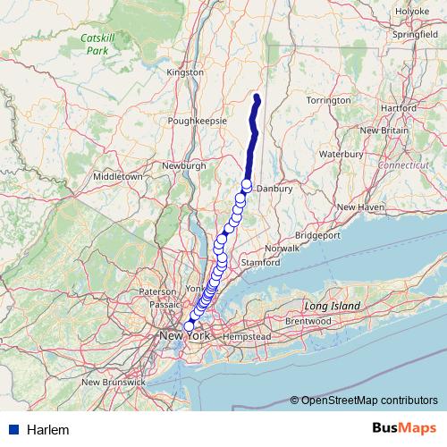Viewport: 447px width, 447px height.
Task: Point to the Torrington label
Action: pyautogui.click(x=328, y=100)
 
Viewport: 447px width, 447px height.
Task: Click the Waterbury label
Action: pyautogui.click(x=340, y=154)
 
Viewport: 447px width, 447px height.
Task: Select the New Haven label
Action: pyautogui.click(x=359, y=207)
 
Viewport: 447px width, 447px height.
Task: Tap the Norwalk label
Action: pyautogui.click(x=282, y=247)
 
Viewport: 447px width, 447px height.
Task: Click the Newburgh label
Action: pyautogui.click(x=185, y=165)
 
